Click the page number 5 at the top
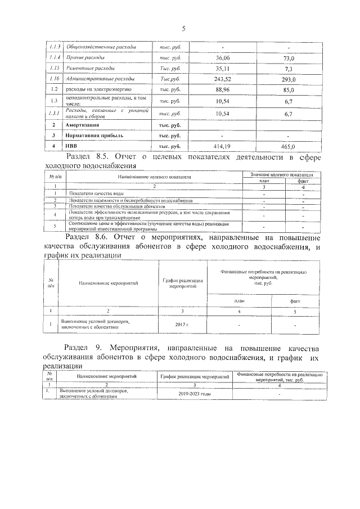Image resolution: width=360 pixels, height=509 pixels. click(x=183, y=29)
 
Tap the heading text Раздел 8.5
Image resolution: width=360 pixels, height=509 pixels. click(x=86, y=157)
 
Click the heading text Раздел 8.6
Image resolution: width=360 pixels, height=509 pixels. click(x=86, y=237)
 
